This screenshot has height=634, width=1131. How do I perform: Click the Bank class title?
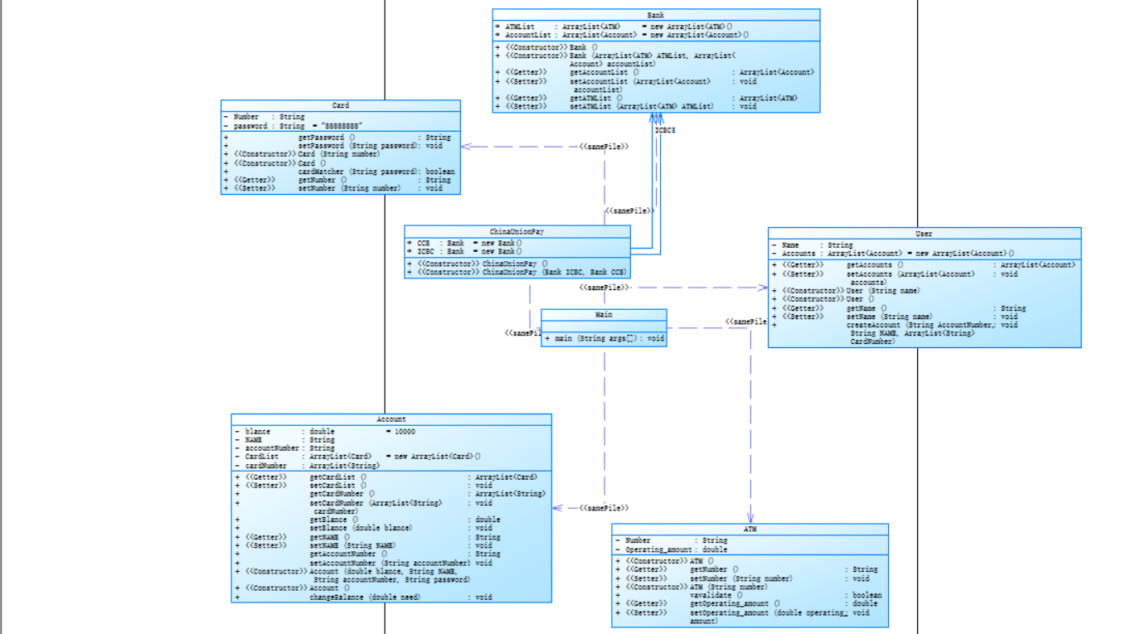point(655,15)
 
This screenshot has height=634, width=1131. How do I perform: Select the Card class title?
point(340,106)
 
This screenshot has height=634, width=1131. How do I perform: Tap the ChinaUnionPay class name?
point(517,231)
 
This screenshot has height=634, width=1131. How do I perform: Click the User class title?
point(924,234)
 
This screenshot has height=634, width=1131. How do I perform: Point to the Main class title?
point(604,315)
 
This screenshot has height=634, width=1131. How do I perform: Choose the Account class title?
point(391,420)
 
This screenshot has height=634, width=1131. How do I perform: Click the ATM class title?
point(750,529)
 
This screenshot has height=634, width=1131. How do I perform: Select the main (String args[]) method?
point(604,338)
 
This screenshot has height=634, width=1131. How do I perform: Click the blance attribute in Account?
point(258,432)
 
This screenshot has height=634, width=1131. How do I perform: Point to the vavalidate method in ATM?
point(711,595)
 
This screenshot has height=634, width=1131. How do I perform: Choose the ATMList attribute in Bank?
point(520,27)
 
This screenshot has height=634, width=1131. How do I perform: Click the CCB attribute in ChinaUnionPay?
point(424,243)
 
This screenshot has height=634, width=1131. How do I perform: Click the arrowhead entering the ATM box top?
point(750,518)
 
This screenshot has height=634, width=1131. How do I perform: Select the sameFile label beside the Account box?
point(603,507)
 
